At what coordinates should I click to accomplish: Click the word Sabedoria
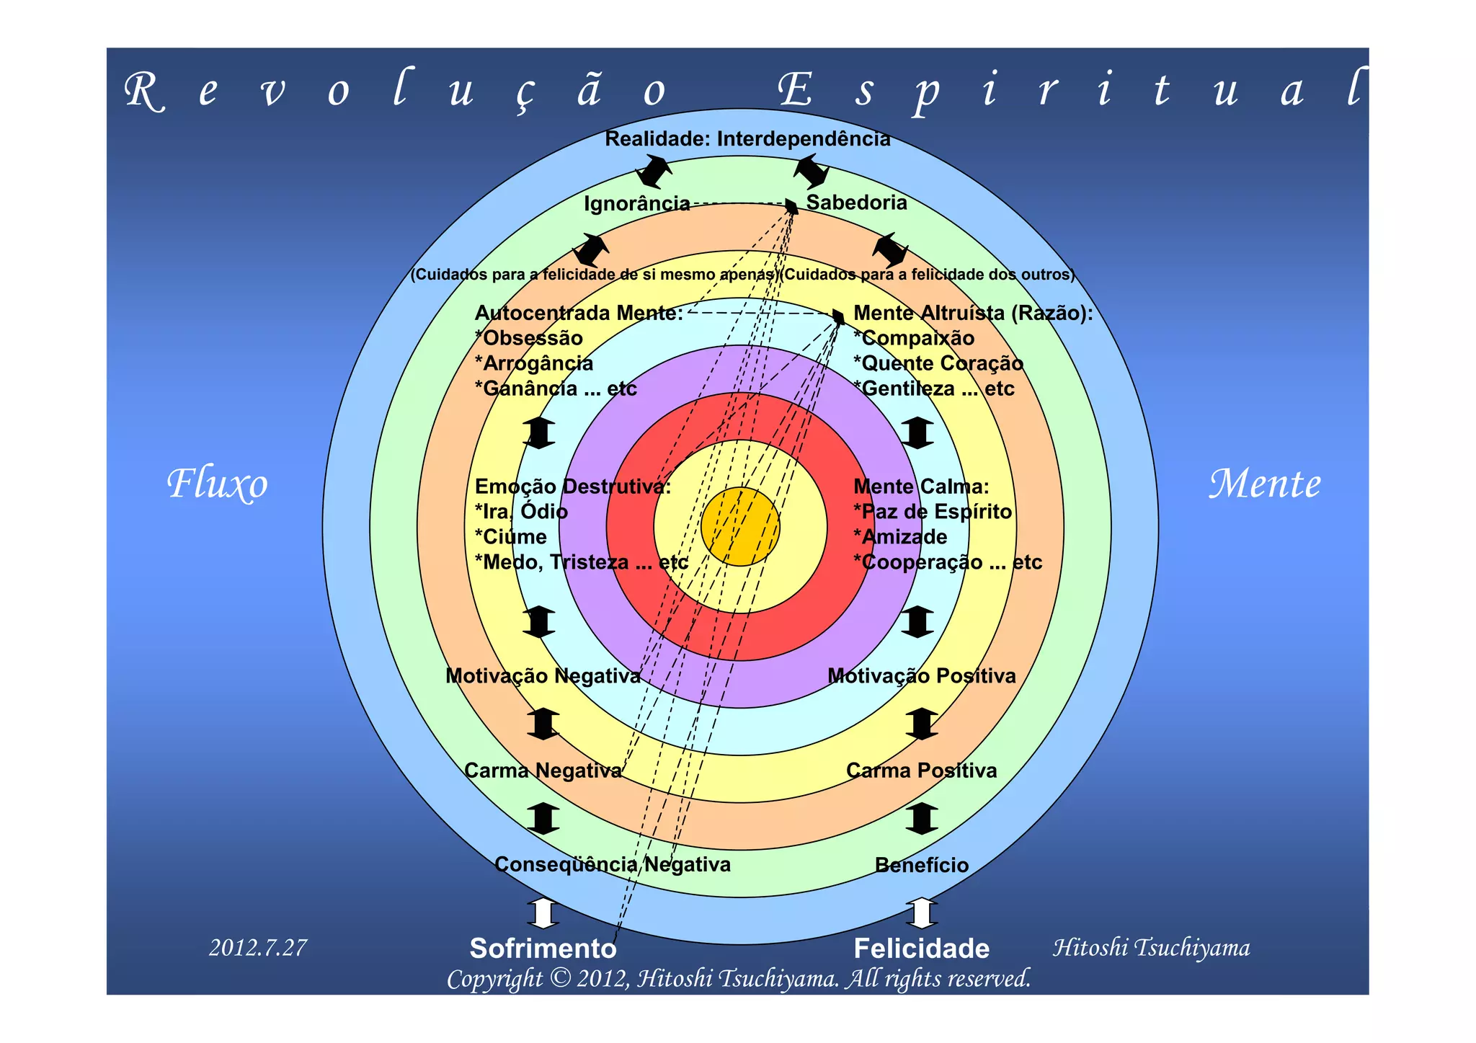[856, 203]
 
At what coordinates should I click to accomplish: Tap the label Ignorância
[637, 204]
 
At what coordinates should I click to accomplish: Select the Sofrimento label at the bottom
[543, 949]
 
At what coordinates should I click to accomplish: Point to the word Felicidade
[921, 949]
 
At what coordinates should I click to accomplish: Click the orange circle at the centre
[740, 526]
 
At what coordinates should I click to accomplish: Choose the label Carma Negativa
[543, 771]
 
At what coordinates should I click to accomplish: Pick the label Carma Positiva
[921, 771]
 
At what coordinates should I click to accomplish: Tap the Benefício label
[921, 865]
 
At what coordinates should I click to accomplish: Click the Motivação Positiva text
[921, 676]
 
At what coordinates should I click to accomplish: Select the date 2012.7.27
[258, 947]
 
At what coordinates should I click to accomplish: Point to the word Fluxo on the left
[217, 484]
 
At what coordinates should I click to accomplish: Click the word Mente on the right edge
[1265, 484]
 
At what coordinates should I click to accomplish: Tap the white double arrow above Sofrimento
[543, 913]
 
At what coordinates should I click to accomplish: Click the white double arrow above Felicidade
[921, 913]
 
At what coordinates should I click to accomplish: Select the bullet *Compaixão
[914, 338]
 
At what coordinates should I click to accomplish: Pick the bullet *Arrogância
[534, 363]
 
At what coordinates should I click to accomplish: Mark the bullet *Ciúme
[511, 537]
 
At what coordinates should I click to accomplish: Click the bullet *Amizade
[900, 537]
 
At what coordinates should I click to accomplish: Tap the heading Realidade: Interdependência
[747, 138]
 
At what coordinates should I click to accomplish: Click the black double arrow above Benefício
[921, 818]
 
